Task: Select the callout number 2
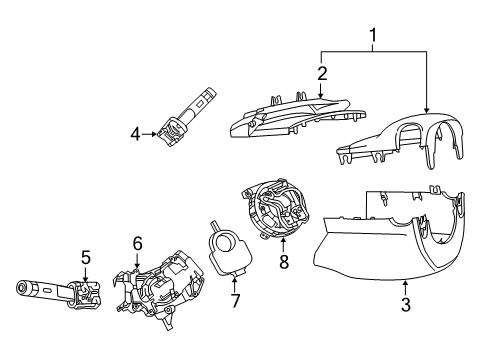tap(323, 72)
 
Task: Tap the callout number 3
tap(405, 304)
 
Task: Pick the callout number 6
tap(138, 242)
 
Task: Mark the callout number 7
tap(236, 299)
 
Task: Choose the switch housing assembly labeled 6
tap(155, 290)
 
